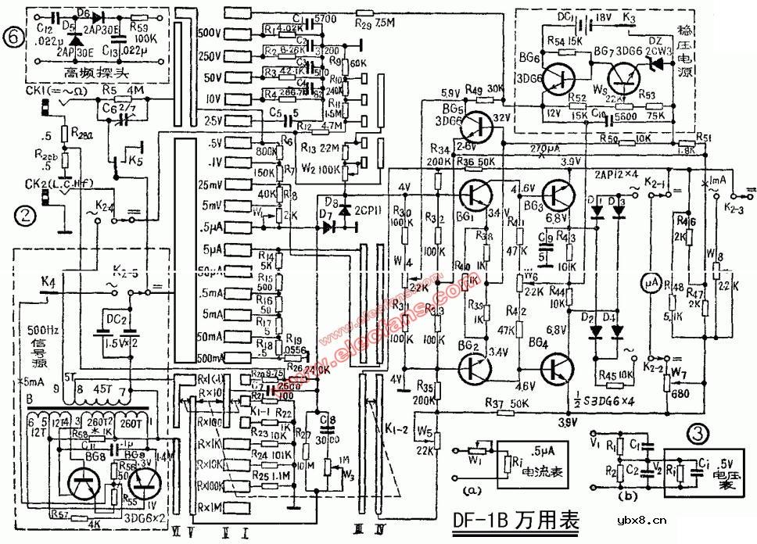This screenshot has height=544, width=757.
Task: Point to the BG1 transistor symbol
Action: pyautogui.click(x=475, y=193)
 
